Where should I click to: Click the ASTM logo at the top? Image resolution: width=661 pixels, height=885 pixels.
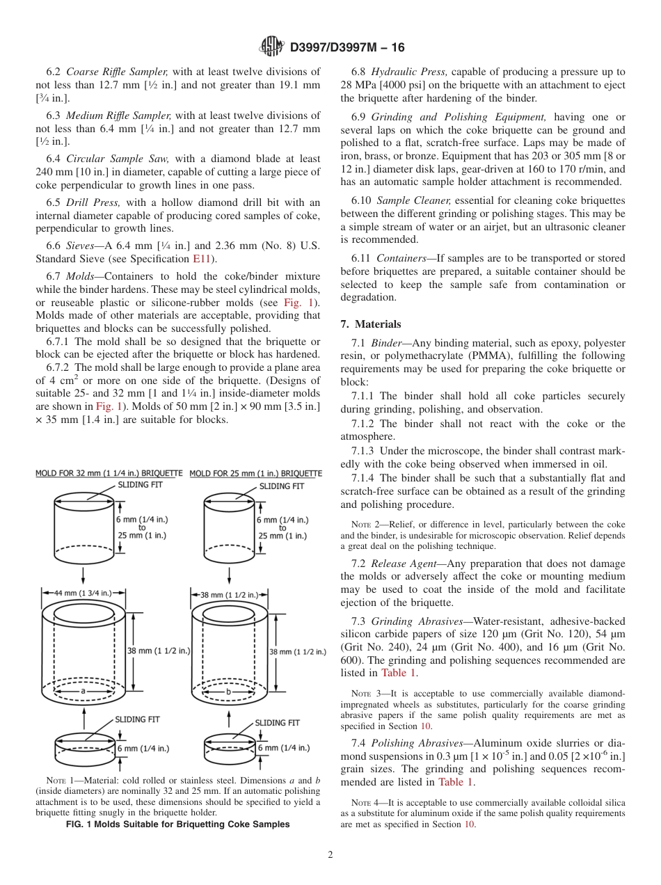[x=271, y=47]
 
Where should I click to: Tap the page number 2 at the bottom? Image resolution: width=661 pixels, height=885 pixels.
[x=330, y=855]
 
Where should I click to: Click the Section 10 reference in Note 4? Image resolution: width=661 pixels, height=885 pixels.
[x=453, y=824]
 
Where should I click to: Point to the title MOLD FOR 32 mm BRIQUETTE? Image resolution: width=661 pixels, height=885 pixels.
[x=109, y=473]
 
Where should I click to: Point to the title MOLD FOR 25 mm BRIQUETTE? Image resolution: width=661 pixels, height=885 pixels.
[x=255, y=473]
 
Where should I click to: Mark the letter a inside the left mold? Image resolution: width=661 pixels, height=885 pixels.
[x=83, y=691]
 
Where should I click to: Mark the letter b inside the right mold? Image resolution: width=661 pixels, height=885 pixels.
[x=228, y=691]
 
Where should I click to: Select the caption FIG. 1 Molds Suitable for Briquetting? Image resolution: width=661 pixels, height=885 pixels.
[x=177, y=824]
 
